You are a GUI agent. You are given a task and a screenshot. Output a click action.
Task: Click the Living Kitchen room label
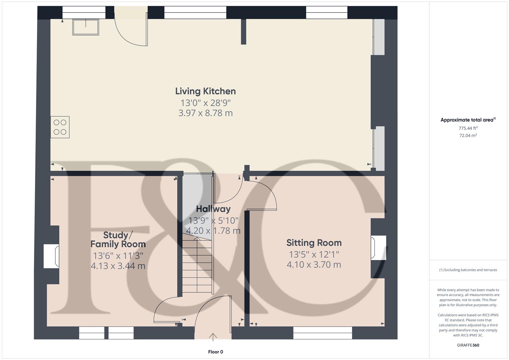[x=205, y=91]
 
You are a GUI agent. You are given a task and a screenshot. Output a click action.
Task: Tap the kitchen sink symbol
[x=86, y=27]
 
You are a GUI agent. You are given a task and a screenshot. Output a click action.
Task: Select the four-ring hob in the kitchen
[x=60, y=127]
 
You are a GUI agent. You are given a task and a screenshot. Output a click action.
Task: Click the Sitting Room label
[x=314, y=243]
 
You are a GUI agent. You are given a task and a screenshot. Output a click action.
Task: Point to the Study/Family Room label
[x=118, y=240]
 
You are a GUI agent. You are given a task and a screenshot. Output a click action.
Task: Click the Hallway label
[x=213, y=209]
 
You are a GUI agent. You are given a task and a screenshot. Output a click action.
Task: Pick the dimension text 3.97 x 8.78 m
[x=205, y=113]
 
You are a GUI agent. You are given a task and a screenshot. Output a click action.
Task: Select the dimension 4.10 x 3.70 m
[x=314, y=265]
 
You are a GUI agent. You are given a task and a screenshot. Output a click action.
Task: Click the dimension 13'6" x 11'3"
[x=118, y=256]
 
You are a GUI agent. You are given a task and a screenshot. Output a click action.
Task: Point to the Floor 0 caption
[x=215, y=352]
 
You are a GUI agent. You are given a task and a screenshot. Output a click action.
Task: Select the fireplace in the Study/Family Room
[x=52, y=256]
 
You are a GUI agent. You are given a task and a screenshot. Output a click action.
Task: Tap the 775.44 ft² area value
[x=468, y=128]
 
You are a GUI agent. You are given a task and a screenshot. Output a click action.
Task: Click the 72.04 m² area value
[x=468, y=135]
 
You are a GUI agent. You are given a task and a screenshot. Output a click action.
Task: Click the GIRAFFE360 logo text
[x=468, y=345]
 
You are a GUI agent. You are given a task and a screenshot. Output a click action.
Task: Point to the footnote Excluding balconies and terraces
[x=468, y=270]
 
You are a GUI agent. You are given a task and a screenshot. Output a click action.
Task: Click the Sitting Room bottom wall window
[x=322, y=332]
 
